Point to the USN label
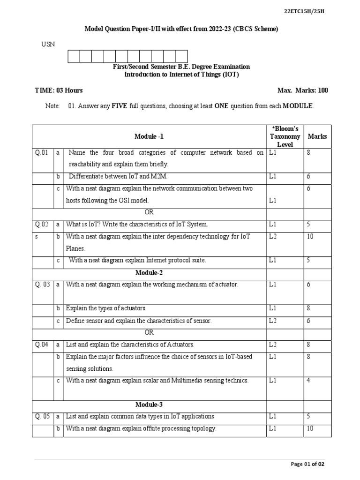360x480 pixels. tap(48, 44)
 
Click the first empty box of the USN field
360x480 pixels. tap(74, 56)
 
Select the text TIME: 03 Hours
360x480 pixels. tap(59, 90)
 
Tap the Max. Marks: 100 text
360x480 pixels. tap(302, 90)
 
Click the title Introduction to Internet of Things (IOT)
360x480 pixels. tap(181, 75)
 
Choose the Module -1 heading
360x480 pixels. tap(149, 136)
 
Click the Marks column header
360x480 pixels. tap(317, 136)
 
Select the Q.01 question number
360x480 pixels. tap(41, 153)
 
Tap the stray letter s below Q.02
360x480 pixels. tap(36, 237)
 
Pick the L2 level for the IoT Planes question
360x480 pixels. tap(273, 237)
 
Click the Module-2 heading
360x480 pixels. tap(149, 273)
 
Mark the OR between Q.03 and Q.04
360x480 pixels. tap(149, 332)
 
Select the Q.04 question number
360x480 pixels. tap(41, 345)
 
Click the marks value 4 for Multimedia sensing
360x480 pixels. tap(308, 381)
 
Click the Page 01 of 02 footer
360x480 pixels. tap(307, 464)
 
